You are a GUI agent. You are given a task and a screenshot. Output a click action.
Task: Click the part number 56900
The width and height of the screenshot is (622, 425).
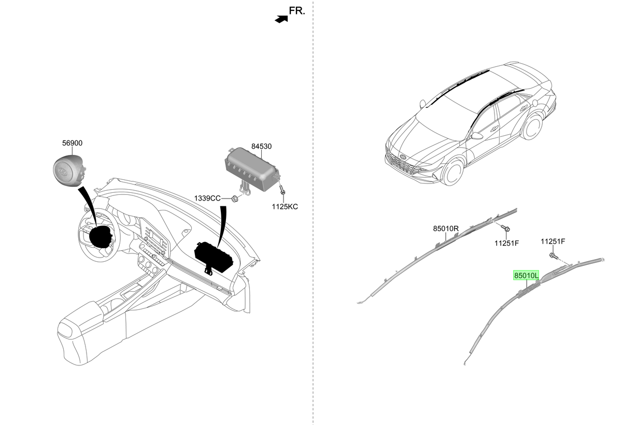click(x=72, y=143)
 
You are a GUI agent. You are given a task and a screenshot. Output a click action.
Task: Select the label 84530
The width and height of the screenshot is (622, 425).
click(x=261, y=146)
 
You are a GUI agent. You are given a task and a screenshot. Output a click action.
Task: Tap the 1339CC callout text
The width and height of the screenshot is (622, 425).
click(x=207, y=198)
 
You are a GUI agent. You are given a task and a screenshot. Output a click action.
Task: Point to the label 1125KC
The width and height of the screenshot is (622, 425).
click(x=285, y=206)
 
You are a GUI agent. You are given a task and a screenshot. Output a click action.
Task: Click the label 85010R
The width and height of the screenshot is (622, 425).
click(x=446, y=229)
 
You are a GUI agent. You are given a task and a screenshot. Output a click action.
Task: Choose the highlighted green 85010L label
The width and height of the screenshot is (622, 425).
click(x=526, y=275)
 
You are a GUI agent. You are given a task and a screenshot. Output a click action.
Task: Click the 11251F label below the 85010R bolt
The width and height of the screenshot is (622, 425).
click(x=506, y=243)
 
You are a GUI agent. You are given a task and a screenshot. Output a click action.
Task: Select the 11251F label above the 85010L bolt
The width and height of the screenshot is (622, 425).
click(x=553, y=242)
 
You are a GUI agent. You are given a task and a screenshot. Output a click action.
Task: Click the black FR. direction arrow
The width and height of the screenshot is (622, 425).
click(x=281, y=19)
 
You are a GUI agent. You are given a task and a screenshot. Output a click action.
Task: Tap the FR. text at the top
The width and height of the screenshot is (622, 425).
click(x=297, y=11)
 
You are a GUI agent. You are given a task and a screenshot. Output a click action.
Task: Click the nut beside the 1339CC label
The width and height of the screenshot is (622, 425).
click(x=235, y=199)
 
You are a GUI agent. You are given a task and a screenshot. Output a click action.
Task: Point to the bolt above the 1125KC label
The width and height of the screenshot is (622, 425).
click(x=282, y=190)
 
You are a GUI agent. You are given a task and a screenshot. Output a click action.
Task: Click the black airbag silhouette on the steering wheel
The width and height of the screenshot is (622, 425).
click(x=101, y=237)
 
